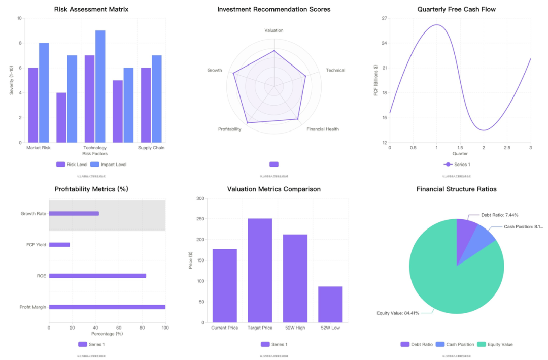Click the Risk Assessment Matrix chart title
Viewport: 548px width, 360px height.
(91, 9)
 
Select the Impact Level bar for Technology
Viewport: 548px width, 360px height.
(100, 86)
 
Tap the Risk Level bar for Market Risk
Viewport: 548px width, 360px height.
(33, 105)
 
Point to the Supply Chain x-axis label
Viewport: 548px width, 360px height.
(151, 148)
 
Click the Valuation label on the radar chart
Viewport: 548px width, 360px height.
(274, 30)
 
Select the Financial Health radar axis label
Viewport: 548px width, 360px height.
(323, 129)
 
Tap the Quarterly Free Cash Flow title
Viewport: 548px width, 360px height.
(456, 9)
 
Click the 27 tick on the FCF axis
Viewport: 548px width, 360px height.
(384, 18)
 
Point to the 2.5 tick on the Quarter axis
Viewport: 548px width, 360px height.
(507, 148)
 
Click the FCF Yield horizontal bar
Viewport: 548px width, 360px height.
(59, 245)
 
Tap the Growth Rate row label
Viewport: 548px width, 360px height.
(33, 214)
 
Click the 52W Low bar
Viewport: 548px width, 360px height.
(330, 304)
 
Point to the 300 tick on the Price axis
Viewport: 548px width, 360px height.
(200, 199)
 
